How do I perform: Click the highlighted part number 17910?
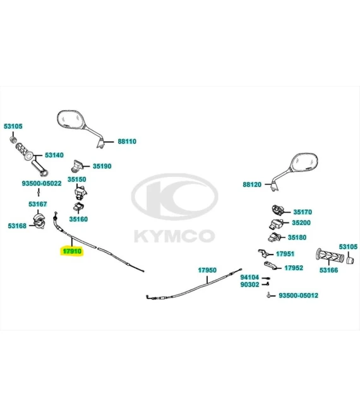[72, 251]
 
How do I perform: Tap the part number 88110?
[127, 142]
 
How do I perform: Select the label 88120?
[252, 184]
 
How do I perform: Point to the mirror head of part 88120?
[304, 162]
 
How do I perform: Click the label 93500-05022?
[42, 183]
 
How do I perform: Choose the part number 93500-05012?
[298, 295]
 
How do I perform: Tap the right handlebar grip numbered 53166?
[330, 256]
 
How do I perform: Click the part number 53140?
[54, 155]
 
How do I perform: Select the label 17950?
[207, 270]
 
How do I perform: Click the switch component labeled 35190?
[77, 166]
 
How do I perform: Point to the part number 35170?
[303, 212]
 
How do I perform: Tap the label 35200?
[301, 222]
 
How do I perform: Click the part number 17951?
[285, 254]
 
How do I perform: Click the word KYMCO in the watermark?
[174, 236]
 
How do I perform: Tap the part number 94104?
[249, 277]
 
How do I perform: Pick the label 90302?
[249, 284]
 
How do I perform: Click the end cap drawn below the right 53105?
[350, 260]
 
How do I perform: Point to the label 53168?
[17, 226]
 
